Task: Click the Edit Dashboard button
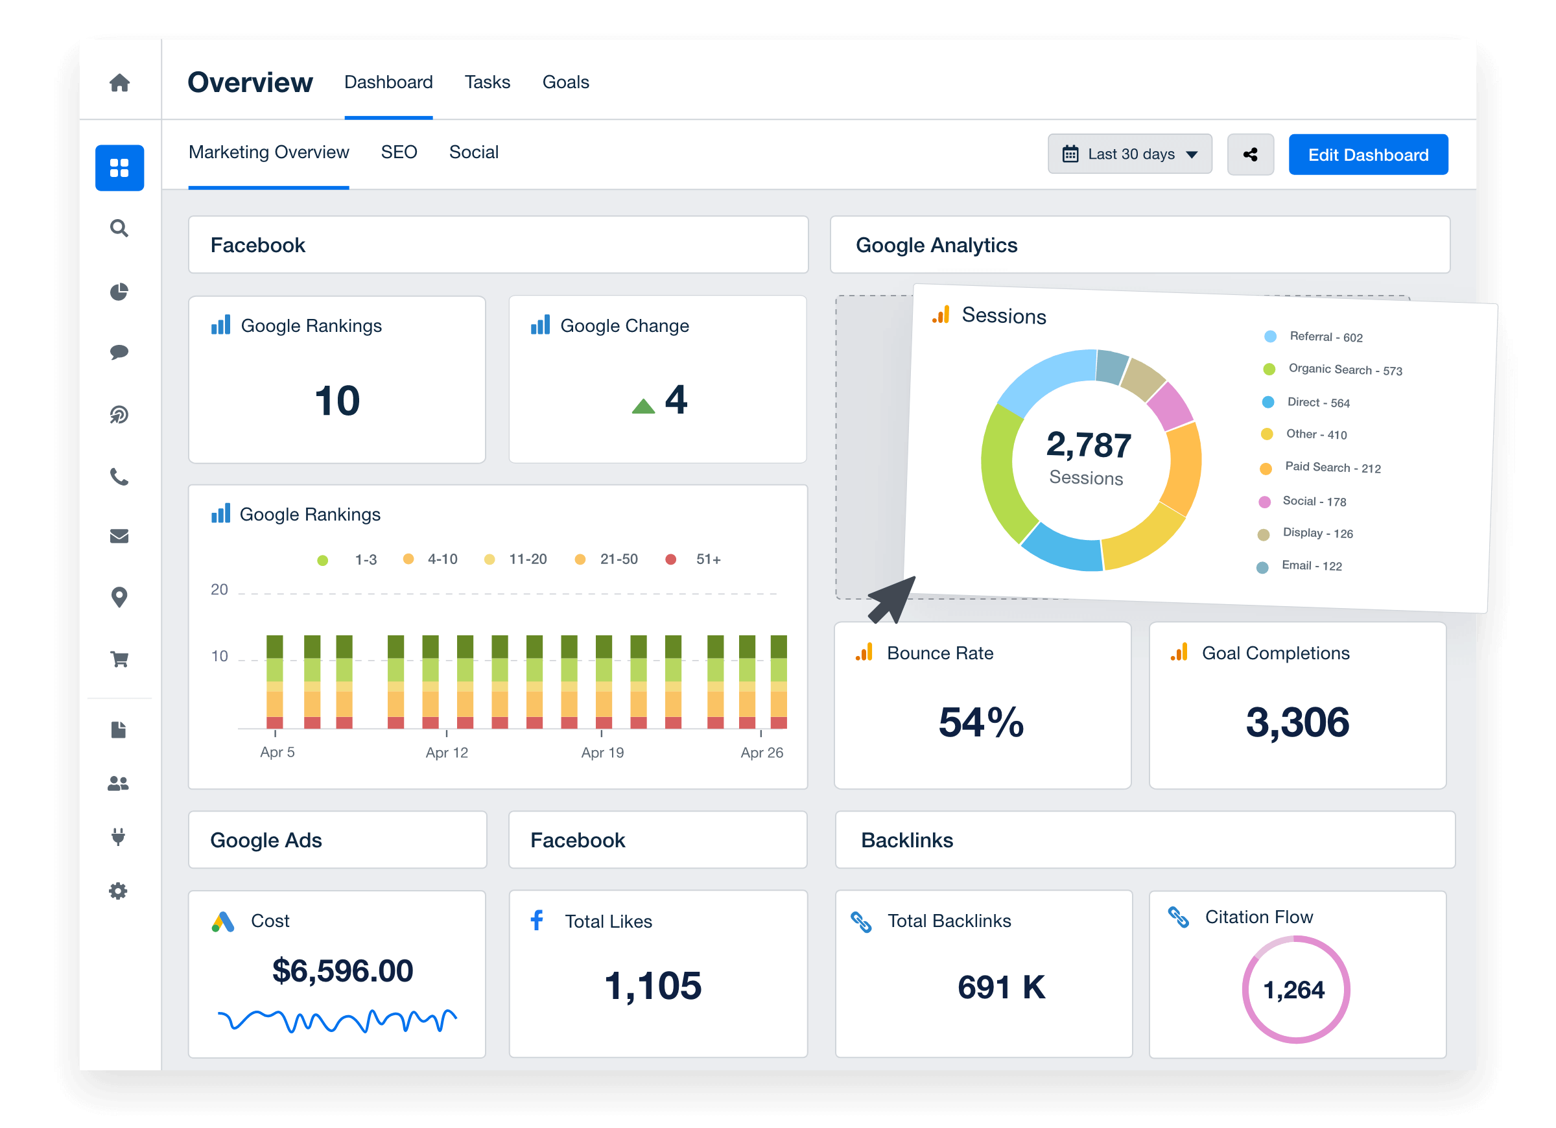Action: click(1367, 154)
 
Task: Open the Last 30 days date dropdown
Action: click(1129, 154)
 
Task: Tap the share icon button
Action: click(1250, 154)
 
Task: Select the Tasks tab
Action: click(487, 82)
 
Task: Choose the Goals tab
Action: click(565, 82)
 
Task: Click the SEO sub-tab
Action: click(399, 152)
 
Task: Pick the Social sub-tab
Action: click(473, 152)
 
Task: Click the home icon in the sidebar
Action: click(119, 83)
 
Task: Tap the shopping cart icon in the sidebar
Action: click(119, 659)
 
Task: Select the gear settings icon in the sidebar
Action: click(118, 891)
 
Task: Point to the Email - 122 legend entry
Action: click(1311, 565)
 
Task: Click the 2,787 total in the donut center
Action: click(1089, 445)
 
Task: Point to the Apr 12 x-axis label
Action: click(447, 753)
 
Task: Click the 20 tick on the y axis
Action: click(219, 589)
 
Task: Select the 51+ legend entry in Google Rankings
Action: click(707, 559)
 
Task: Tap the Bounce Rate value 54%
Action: click(981, 722)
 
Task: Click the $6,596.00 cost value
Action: click(342, 970)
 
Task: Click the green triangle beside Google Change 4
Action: click(643, 406)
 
